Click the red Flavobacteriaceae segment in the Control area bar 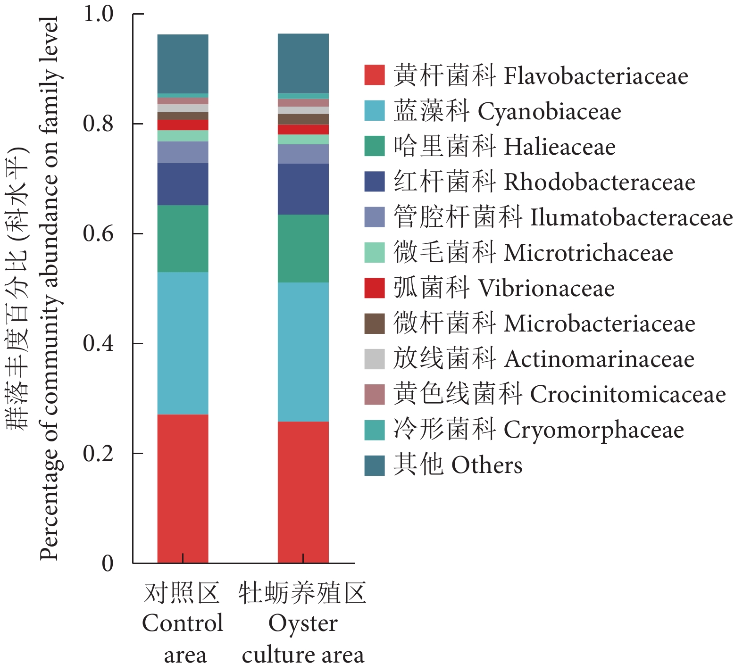tap(183, 488)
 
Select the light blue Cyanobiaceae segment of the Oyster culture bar tap(303, 352)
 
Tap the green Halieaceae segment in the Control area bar tap(183, 239)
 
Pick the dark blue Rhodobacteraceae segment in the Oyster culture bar tap(303, 189)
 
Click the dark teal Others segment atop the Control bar tap(183, 64)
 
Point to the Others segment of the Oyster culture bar tap(303, 63)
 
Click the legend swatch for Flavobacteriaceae tap(374, 75)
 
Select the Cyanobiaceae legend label tap(507, 111)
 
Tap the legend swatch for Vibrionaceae tap(374, 288)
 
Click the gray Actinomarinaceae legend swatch tap(374, 359)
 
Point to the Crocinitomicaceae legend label tap(559, 394)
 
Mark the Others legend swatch tap(374, 465)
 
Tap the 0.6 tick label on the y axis tap(98, 233)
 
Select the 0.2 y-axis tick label tap(98, 453)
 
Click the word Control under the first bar tap(183, 623)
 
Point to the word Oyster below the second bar tap(303, 623)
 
